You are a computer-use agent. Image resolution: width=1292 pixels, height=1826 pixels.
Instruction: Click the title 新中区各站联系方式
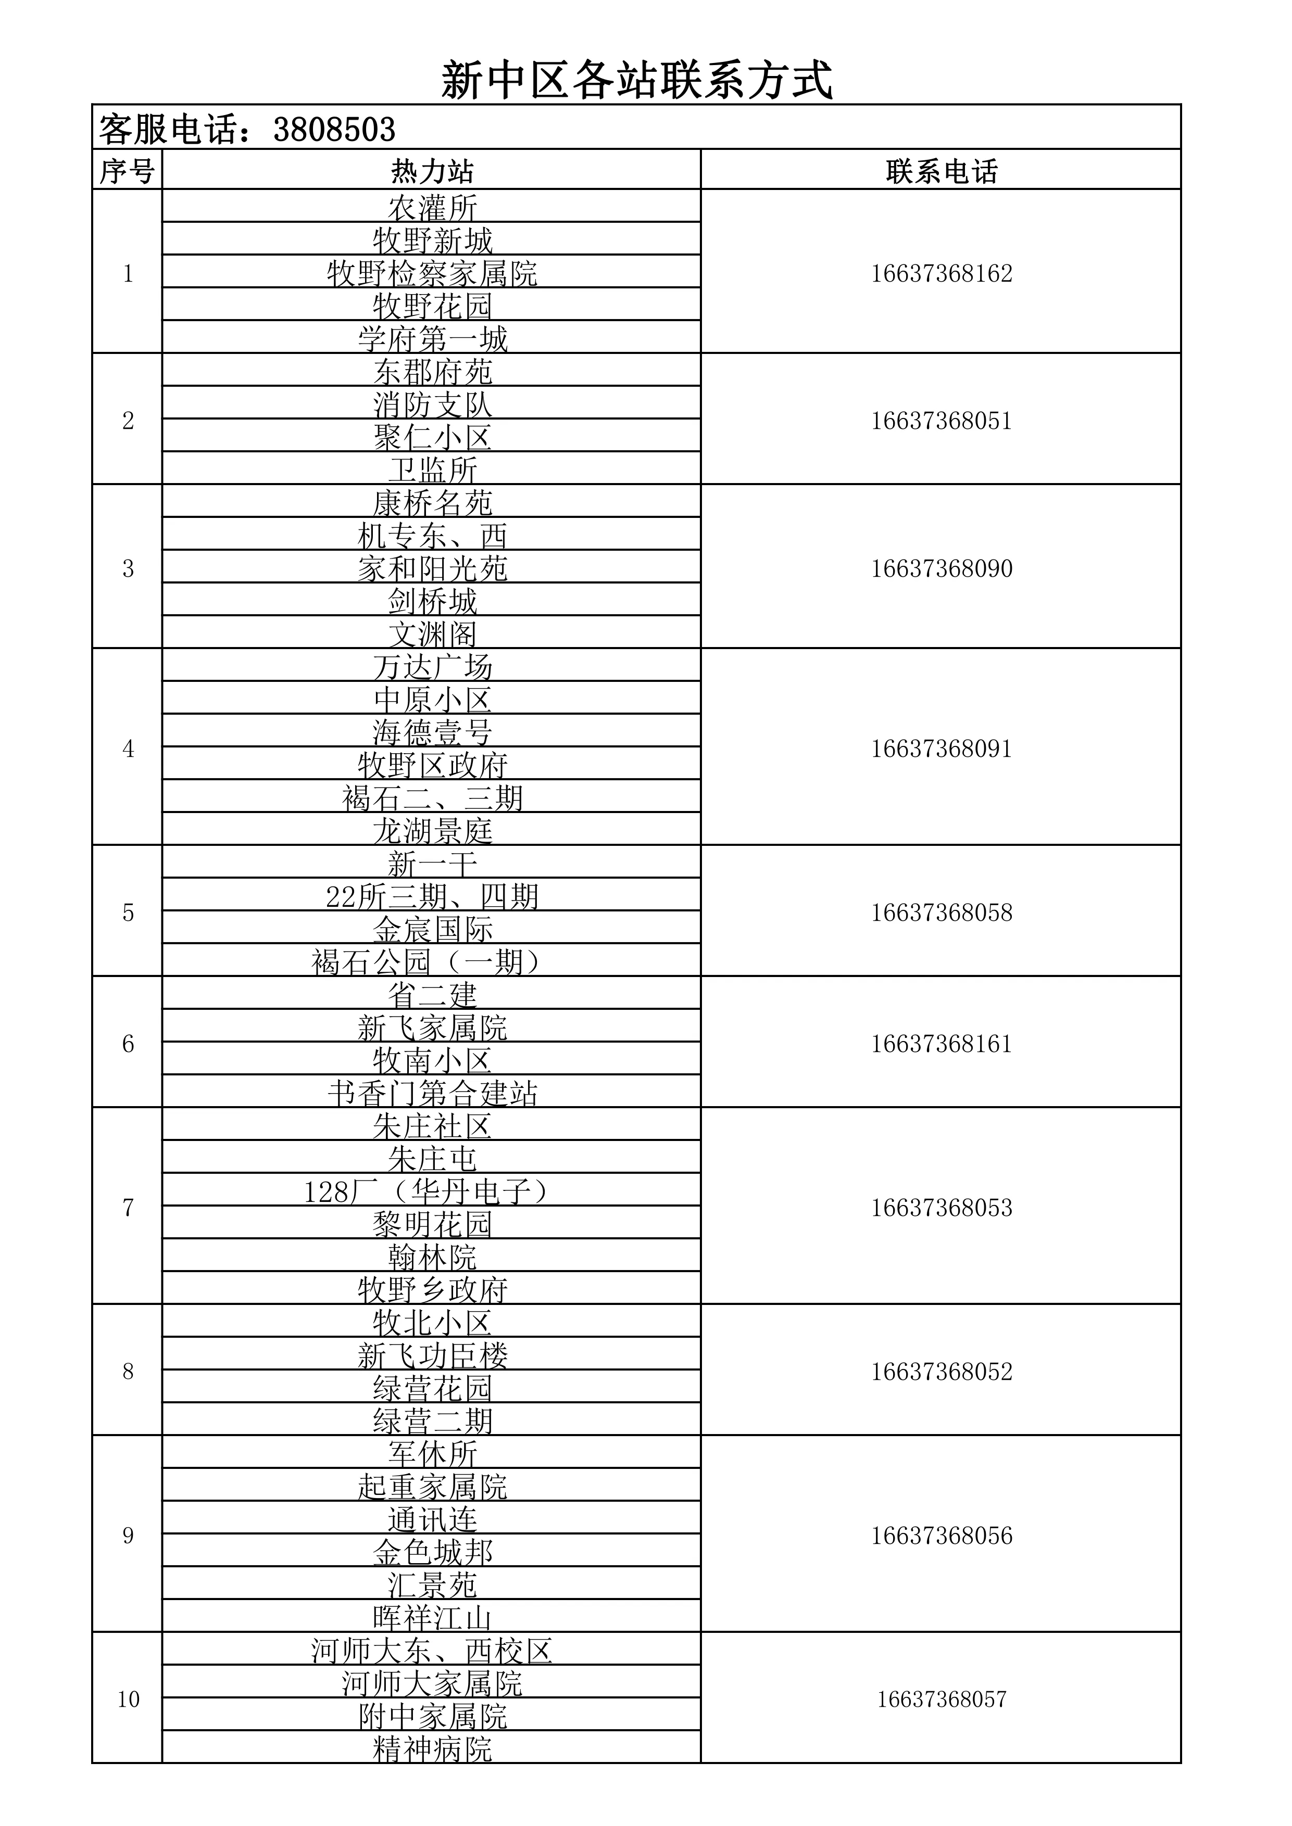(x=637, y=80)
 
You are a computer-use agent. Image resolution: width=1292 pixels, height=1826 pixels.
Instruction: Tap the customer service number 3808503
(x=334, y=130)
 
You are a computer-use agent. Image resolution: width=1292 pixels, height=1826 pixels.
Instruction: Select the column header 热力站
(x=432, y=171)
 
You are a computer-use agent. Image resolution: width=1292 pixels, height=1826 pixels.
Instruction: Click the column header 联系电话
(x=941, y=171)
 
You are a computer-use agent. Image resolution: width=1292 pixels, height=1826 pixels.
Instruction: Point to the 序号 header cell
(x=127, y=171)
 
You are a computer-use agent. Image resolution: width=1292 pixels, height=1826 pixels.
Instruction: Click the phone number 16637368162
(x=941, y=274)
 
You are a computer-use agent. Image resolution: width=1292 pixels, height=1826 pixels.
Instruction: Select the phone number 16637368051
(x=941, y=421)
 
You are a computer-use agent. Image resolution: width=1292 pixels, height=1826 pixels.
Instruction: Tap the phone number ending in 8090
(x=941, y=568)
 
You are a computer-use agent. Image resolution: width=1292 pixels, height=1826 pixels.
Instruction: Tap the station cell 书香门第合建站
(x=432, y=1093)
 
